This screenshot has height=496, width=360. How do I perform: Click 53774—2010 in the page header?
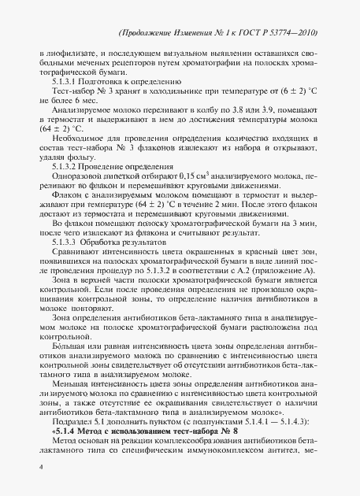[x=291, y=34]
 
